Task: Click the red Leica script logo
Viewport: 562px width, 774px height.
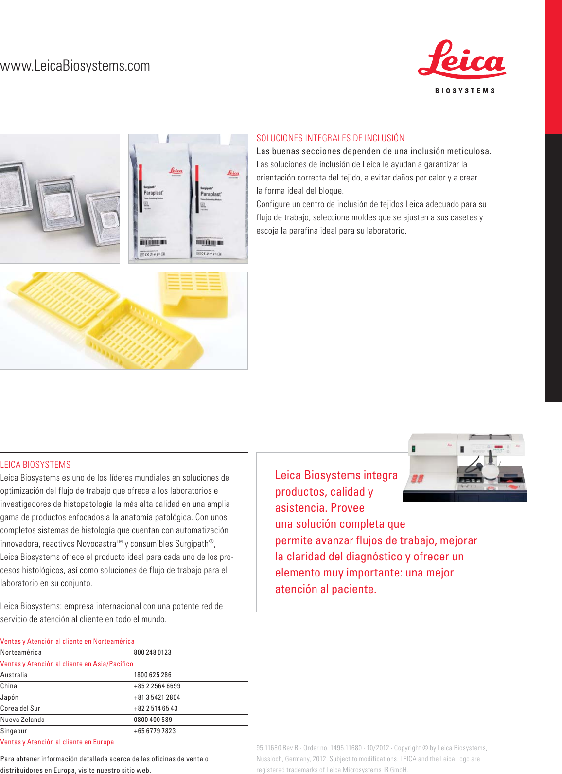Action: click(461, 60)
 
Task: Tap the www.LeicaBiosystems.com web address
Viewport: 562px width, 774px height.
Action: click(75, 66)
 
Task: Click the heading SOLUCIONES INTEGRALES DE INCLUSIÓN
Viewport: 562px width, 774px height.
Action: click(331, 138)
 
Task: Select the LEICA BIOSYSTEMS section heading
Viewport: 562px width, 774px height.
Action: click(35, 465)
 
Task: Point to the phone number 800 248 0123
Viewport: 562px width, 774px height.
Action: click(153, 653)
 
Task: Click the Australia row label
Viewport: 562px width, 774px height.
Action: click(14, 675)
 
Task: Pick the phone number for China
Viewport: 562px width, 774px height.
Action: click(157, 686)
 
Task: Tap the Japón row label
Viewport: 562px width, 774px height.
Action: click(10, 698)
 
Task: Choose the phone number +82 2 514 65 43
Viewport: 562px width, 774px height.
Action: click(156, 709)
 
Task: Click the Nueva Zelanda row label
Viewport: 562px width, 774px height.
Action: click(22, 720)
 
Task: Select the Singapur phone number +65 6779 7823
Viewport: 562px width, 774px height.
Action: click(155, 731)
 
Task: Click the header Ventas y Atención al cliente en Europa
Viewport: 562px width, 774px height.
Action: click(57, 742)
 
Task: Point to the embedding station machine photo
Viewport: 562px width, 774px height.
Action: click(466, 468)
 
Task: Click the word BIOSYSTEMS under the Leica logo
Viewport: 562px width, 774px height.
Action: click(465, 91)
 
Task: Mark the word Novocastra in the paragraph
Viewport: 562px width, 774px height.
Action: click(96, 544)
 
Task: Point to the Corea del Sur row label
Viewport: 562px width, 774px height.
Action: click(20, 709)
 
